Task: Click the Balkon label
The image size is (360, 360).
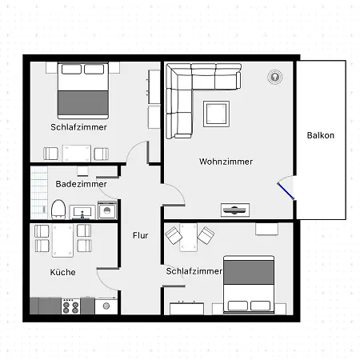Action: (321, 135)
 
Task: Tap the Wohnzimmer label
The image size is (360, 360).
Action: (226, 162)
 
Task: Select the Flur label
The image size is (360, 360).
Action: (140, 235)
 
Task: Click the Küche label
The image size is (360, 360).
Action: (62, 273)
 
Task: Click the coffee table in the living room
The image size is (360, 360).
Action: (216, 113)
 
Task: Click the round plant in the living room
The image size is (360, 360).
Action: (275, 78)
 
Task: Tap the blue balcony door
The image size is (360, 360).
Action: (285, 193)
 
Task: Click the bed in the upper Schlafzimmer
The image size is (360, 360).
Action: (82, 90)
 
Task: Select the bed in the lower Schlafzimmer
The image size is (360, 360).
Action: (249, 284)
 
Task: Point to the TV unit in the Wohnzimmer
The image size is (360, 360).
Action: (234, 210)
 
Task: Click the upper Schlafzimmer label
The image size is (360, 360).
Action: (78, 127)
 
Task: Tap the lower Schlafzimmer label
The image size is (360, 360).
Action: (194, 272)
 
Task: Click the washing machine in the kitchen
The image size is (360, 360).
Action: (105, 306)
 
